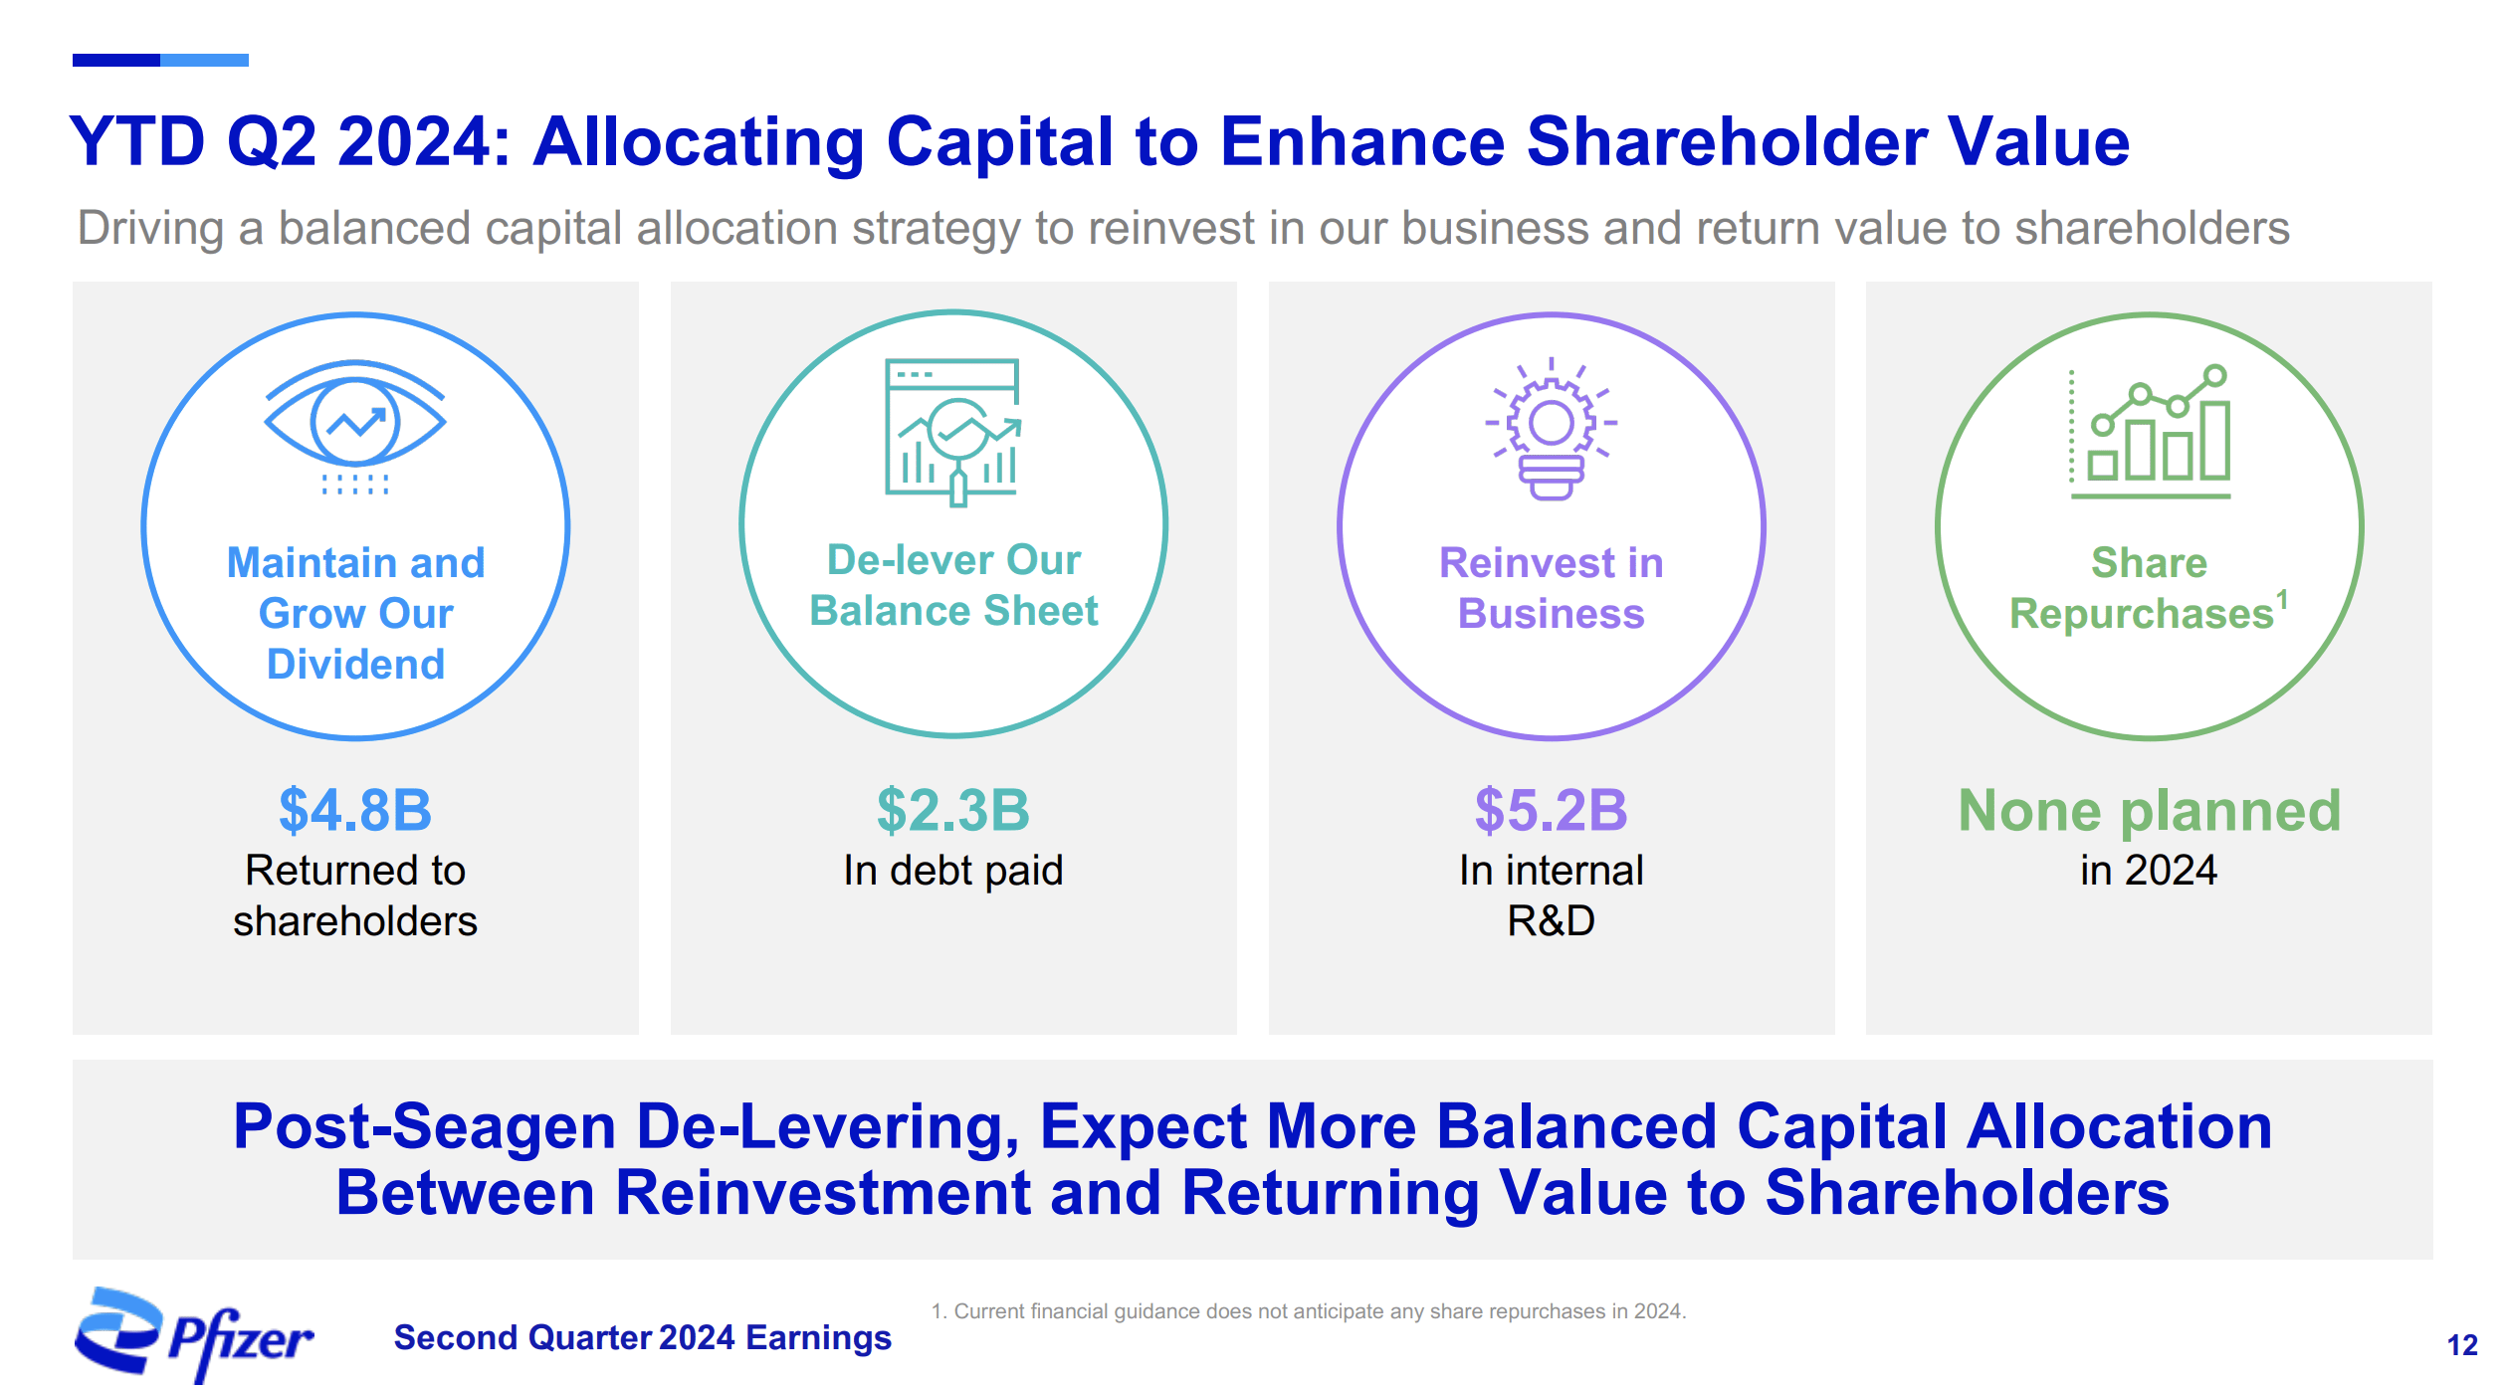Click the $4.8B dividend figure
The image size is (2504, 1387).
[x=355, y=810]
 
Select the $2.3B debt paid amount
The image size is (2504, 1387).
[x=953, y=810]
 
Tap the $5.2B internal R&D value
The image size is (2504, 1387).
[x=1551, y=810]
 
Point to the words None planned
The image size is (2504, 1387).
[x=2149, y=810]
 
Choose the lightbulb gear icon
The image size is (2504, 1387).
[x=1551, y=428]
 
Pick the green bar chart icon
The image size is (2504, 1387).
[x=2150, y=431]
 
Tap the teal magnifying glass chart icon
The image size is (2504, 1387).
[x=953, y=433]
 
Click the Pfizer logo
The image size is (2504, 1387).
[x=194, y=1334]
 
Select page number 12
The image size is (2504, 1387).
[x=2462, y=1345]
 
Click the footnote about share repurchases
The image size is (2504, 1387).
[x=1309, y=1311]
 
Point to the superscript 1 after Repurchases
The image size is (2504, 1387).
[x=2282, y=600]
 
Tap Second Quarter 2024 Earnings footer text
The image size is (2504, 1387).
[x=643, y=1338]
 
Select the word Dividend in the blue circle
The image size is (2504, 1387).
[x=355, y=665]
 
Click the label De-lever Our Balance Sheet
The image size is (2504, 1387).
[x=953, y=585]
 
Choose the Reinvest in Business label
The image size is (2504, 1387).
[x=1551, y=588]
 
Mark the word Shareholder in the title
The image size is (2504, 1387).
[x=1727, y=141]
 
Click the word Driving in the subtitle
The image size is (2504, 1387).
[x=150, y=229]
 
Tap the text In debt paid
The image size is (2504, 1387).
[x=953, y=871]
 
